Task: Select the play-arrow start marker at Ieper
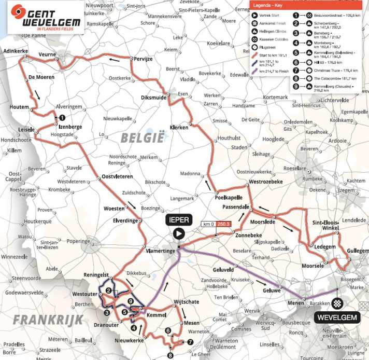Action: [178, 233]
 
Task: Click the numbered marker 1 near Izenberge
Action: [62, 118]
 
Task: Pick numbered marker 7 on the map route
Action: [190, 342]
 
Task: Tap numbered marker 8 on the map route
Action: [171, 355]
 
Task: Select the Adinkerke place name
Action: [14, 52]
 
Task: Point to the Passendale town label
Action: [236, 206]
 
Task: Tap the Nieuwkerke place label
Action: [128, 341]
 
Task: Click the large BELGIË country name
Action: [142, 137]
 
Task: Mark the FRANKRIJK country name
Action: [48, 319]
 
